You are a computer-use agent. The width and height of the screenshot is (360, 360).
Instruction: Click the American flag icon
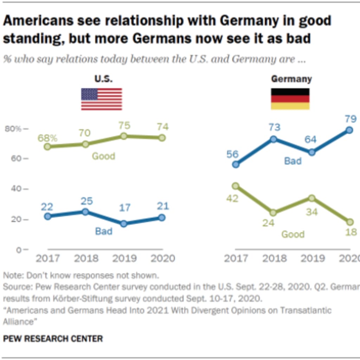[102, 99]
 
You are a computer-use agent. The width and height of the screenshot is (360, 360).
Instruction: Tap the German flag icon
[290, 99]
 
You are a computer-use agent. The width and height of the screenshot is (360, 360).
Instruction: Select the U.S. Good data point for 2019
[123, 136]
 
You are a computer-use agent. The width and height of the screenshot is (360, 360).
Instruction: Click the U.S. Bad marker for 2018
[85, 212]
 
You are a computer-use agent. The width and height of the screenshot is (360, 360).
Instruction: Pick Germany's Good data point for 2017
[236, 186]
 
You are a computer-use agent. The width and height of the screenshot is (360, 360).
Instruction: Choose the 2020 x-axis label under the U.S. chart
[162, 258]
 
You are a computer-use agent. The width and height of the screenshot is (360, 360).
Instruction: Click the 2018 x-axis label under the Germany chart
[275, 258]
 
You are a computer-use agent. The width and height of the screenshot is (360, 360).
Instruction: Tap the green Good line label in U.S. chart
[103, 156]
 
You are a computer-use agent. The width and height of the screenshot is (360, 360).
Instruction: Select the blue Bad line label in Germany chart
[293, 161]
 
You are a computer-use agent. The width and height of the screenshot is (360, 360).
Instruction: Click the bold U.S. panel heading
[103, 79]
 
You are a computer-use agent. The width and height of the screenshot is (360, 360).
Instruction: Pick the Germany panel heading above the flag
[291, 79]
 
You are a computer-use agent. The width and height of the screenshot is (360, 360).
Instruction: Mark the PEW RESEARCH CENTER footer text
[53, 339]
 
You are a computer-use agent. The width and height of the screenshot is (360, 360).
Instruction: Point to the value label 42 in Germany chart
[232, 199]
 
